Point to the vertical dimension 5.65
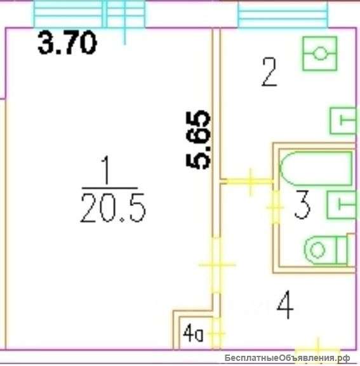coord(199,140)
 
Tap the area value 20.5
coord(113,208)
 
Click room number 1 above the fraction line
coord(106,170)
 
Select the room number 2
coord(269,72)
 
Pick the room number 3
coord(302,205)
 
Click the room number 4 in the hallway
coord(285,304)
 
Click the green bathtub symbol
coord(316,168)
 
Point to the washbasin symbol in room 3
coord(342,205)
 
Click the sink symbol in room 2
coord(343,121)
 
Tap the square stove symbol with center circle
coord(320,53)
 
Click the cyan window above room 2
coord(283,15)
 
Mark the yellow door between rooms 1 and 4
coord(217,265)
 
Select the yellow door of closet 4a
coord(217,334)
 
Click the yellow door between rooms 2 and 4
coord(250,181)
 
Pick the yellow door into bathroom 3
coord(276,207)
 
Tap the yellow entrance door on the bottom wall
coord(317,349)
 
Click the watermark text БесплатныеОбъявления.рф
coord(287,358)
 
